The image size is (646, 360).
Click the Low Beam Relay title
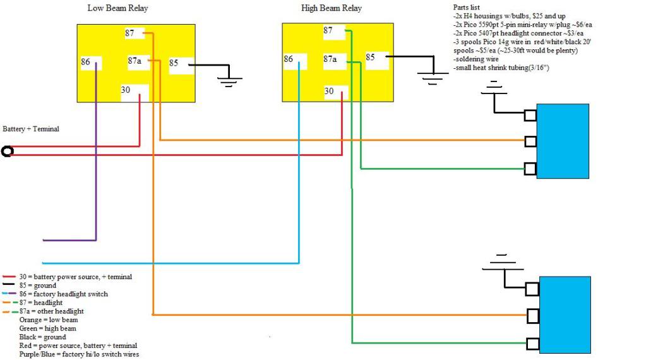point(117,8)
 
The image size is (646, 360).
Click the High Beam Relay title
point(332,8)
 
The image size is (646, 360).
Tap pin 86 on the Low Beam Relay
point(91,63)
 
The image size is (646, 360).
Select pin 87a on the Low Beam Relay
point(138,61)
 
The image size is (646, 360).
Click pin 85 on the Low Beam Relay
point(181,65)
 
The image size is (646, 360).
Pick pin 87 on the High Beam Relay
point(333,32)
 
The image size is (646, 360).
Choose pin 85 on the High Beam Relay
point(377,59)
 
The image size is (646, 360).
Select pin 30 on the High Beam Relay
point(336,92)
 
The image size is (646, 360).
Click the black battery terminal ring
point(8,151)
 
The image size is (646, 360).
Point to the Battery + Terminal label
point(31,129)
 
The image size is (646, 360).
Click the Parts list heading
point(467,8)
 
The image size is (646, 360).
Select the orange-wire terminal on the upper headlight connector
point(530,141)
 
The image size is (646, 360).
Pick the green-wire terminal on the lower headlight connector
point(533,344)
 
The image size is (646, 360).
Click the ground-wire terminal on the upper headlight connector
point(530,115)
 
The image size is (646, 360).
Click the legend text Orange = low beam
point(49,320)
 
